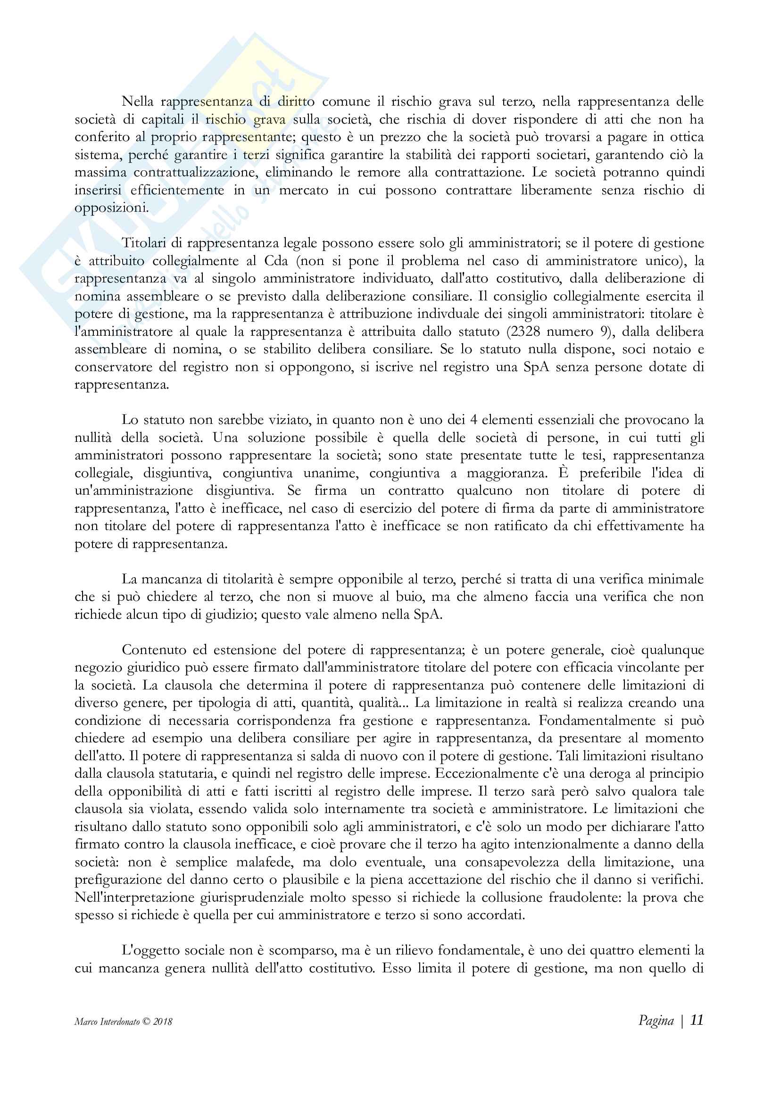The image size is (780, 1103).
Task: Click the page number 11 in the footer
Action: click(697, 1020)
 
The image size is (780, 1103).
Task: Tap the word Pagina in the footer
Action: click(656, 1020)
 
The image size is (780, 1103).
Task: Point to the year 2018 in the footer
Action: click(163, 1022)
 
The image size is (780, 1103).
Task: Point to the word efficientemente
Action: click(177, 190)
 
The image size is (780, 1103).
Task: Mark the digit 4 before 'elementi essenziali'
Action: click(473, 420)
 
